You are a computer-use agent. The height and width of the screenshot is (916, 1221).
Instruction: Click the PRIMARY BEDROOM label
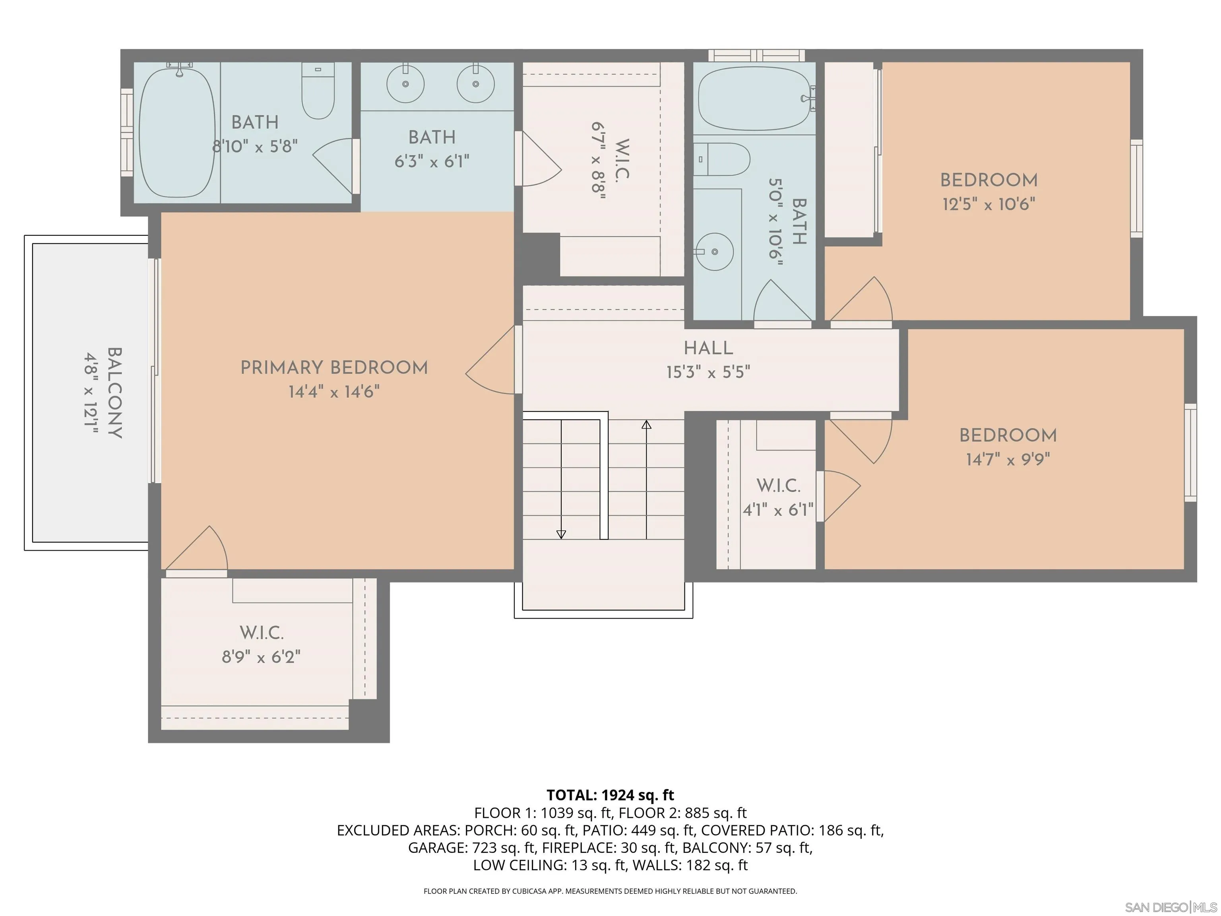pos(334,368)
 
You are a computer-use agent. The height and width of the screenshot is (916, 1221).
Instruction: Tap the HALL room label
pos(708,348)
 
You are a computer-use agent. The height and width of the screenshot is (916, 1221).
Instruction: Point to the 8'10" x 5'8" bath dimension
pos(255,146)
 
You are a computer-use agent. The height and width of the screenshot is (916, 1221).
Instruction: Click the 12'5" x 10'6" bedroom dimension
pos(988,204)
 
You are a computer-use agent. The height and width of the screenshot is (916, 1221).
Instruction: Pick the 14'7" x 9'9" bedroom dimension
pos(1008,459)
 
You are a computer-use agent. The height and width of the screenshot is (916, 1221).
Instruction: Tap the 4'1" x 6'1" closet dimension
pos(778,510)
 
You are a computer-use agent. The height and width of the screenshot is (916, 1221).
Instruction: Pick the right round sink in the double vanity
pos(475,83)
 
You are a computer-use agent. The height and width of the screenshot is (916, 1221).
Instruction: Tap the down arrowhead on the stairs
pos(561,534)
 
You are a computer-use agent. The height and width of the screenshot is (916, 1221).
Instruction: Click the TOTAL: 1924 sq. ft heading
pos(610,795)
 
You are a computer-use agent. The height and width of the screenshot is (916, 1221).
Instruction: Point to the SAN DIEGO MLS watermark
pos(1170,907)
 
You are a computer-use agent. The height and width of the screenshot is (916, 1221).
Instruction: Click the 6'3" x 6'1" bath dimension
pos(432,162)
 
